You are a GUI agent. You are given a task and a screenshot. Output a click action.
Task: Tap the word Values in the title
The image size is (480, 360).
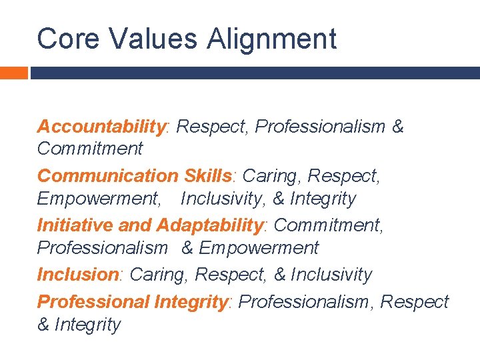click(x=150, y=39)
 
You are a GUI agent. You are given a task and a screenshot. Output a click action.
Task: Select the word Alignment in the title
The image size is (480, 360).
click(x=272, y=39)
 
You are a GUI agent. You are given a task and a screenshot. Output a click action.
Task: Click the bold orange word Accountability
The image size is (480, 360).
click(x=101, y=127)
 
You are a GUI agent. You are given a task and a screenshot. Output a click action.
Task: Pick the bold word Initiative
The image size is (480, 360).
click(x=74, y=225)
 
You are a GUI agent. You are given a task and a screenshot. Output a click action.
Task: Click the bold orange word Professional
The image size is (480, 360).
click(x=93, y=302)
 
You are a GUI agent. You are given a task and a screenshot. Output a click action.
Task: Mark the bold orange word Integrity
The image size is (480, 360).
click(x=191, y=302)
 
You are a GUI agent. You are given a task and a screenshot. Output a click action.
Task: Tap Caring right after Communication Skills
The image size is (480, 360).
click(x=269, y=176)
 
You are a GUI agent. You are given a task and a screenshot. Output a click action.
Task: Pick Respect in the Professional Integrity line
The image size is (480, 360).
click(x=415, y=302)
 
